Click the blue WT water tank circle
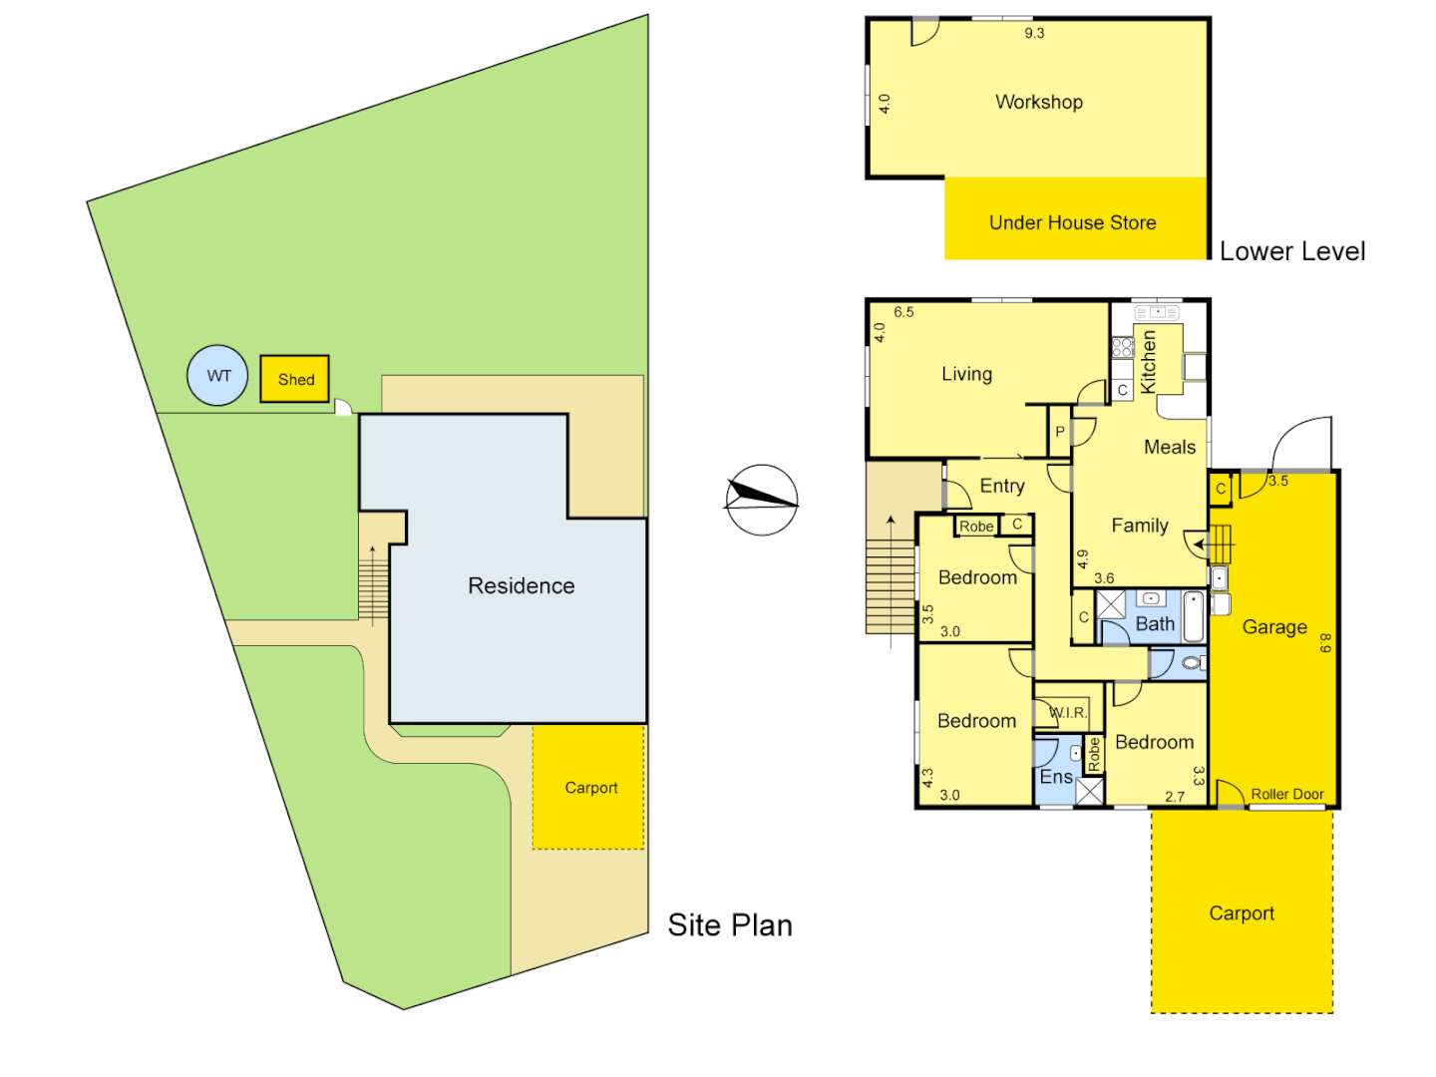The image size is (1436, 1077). [x=217, y=376]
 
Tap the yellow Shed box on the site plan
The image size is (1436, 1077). [x=295, y=379]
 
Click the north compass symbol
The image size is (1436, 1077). [x=761, y=500]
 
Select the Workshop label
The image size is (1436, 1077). [x=1038, y=102]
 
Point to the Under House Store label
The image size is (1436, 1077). [x=1072, y=222]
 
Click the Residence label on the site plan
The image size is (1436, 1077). [x=521, y=585]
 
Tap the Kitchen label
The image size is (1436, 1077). [x=1149, y=361]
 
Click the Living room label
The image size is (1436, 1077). [x=966, y=374]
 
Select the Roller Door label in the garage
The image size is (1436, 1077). [x=1286, y=794]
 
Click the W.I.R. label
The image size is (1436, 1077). [x=1068, y=712]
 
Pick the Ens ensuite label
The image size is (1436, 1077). [x=1056, y=776]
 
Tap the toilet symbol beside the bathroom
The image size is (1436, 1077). [x=1191, y=662]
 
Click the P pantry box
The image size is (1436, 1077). [x=1060, y=432]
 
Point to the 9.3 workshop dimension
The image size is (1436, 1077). [x=1034, y=33]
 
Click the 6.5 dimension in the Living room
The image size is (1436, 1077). [x=903, y=312]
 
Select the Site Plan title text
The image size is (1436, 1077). [x=730, y=924]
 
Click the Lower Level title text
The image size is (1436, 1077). [x=1292, y=251]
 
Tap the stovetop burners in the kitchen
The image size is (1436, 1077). [x=1123, y=347]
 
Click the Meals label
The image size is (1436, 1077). [x=1169, y=447]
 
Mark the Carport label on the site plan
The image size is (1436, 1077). [x=590, y=788]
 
